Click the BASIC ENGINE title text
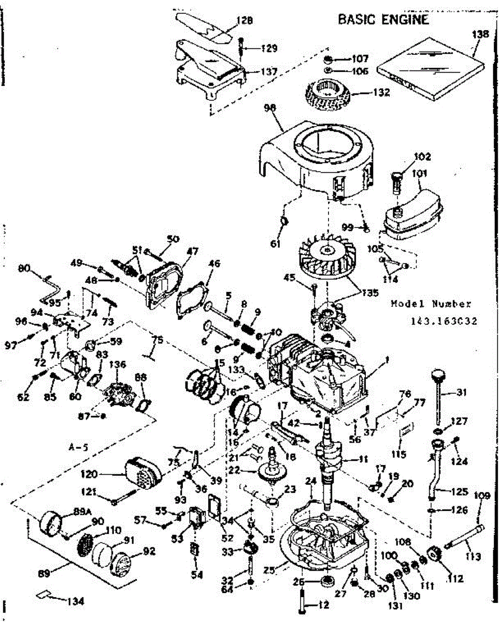[383, 20]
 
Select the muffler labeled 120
[142, 471]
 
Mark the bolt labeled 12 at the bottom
[303, 604]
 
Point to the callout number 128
[244, 21]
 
